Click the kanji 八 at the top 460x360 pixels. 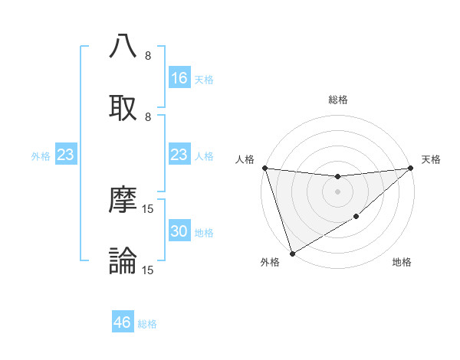click(x=123, y=47)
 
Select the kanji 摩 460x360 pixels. click(x=123, y=201)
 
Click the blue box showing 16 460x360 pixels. click(x=179, y=78)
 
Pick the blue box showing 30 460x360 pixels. click(x=179, y=232)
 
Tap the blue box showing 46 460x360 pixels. click(x=123, y=322)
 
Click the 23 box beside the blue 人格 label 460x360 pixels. click(x=179, y=155)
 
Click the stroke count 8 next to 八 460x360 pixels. click(x=148, y=55)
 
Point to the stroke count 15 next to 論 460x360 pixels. click(x=148, y=270)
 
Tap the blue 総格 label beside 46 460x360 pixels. click(x=147, y=324)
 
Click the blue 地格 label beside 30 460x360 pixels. click(x=204, y=233)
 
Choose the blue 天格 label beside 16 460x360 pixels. click(x=204, y=79)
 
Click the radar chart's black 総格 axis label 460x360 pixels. click(x=337, y=100)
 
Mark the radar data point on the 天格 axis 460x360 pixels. click(x=411, y=168)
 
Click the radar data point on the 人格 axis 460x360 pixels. click(x=264, y=168)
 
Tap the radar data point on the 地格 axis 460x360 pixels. click(x=356, y=218)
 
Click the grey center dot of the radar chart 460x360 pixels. click(x=337, y=191)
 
